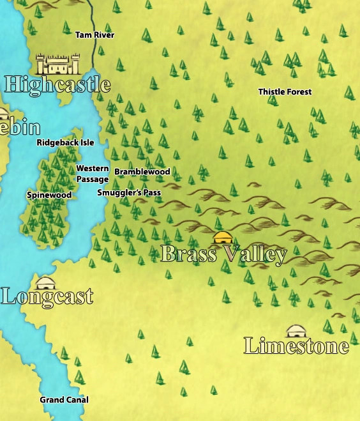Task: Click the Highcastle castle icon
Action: [x=58, y=64]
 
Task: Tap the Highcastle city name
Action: [x=57, y=84]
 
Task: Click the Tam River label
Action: [x=95, y=35]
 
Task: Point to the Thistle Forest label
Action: [x=285, y=92]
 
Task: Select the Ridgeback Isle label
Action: [x=65, y=142]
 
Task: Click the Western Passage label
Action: [x=92, y=174]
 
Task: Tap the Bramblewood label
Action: [x=142, y=172]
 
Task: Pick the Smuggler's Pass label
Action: [x=129, y=192]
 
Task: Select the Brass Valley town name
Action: [x=223, y=254]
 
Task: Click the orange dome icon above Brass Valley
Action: [x=222, y=238]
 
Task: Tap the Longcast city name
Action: [x=47, y=296]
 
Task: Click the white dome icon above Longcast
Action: [x=45, y=282]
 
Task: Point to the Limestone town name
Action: [x=296, y=346]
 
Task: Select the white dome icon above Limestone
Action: [x=294, y=331]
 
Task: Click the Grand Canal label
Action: [x=64, y=400]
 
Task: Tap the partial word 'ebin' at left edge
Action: [x=20, y=127]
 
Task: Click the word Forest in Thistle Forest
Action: [x=299, y=92]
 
